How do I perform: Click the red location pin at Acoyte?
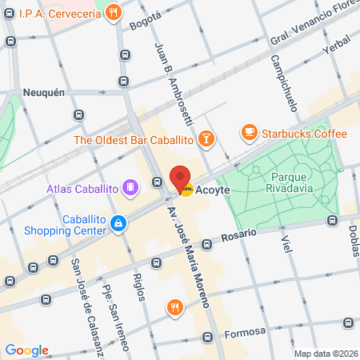[181, 179]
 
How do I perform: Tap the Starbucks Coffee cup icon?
[249, 132]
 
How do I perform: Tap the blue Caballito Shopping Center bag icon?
[118, 222]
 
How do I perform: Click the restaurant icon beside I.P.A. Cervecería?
[113, 13]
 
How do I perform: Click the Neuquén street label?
[43, 92]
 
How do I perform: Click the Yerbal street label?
[336, 49]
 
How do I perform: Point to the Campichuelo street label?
[279, 84]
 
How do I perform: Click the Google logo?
[26, 350]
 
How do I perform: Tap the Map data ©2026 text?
[325, 354]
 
